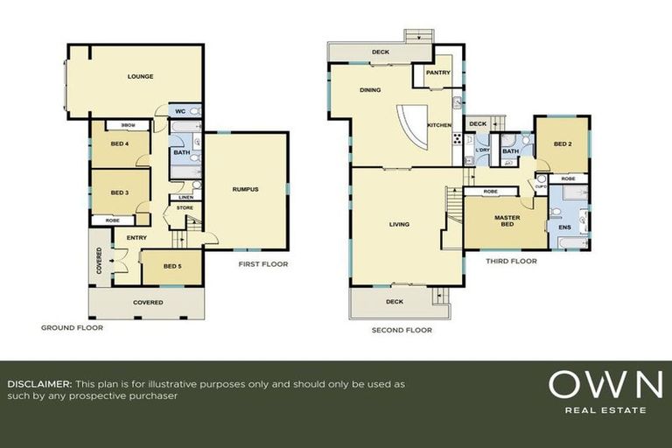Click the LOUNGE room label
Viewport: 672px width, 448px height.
point(140,77)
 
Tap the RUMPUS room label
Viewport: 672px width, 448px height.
point(245,190)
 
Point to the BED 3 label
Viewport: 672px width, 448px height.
point(121,193)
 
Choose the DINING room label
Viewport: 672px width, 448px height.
point(370,90)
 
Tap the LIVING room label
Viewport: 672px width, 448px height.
point(399,225)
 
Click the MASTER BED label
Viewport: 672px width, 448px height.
point(507,220)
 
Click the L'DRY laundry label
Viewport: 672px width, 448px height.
point(482,150)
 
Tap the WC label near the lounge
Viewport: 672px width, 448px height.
point(180,112)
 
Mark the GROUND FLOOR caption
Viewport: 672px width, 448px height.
point(72,328)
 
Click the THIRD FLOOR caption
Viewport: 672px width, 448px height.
point(512,261)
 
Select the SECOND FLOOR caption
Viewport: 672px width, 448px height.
point(401,331)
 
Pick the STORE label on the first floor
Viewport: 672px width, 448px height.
point(185,207)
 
